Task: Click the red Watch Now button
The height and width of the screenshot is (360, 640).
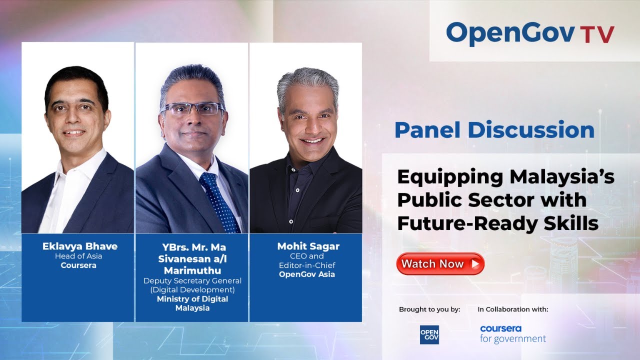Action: coord(440,263)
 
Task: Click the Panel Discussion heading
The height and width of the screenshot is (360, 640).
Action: coord(494,130)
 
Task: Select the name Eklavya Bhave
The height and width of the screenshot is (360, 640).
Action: coord(80,246)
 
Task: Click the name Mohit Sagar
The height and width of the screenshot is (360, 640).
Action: coord(308,246)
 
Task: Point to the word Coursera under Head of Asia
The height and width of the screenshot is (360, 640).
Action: coord(78,265)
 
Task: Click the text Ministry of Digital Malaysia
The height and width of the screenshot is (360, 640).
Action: coord(192,303)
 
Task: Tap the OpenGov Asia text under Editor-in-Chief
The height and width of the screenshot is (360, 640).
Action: coord(307,274)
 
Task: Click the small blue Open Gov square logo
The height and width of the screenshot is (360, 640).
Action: coord(429,334)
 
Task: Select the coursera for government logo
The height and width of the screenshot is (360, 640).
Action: coord(512,334)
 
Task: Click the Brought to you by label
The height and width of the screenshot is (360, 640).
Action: coord(429,309)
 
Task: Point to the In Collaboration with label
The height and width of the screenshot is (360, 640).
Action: coord(512,309)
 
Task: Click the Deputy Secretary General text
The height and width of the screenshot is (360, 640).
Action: coord(192,280)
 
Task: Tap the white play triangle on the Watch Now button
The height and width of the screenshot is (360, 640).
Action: coord(475,263)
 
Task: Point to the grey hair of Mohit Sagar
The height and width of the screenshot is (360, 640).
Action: coord(308,80)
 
